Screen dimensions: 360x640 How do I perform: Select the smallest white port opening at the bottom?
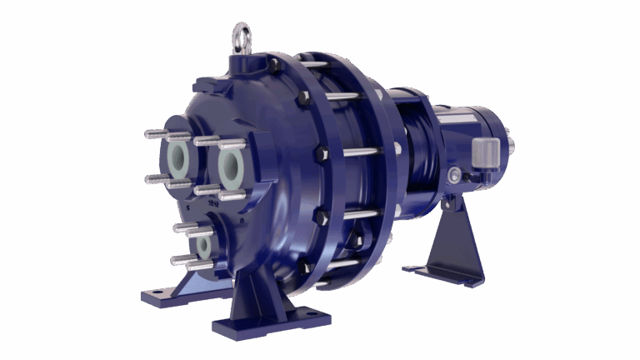(203, 246)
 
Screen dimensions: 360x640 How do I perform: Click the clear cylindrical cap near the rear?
(485, 153)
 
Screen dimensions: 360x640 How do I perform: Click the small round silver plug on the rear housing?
(454, 175)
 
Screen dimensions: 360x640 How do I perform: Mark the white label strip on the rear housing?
(453, 118)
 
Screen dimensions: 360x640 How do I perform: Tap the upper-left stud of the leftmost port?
(155, 133)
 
